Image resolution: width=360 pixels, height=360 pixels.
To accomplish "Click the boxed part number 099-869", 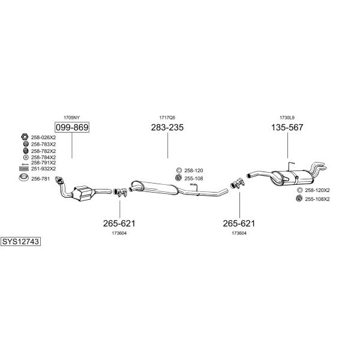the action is tap(72, 127).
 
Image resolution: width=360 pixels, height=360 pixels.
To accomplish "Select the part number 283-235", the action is tap(167, 127).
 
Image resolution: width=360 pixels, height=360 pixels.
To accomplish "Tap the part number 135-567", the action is tap(287, 127).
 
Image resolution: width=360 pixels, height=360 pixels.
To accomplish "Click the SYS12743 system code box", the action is tap(20, 242).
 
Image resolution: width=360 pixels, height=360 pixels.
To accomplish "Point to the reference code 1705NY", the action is tap(71, 118).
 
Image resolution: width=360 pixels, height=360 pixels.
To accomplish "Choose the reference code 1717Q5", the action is tap(167, 118).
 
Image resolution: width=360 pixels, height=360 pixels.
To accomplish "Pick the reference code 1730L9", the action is tap(287, 118).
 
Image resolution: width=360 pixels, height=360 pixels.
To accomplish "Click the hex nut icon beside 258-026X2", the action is tap(25, 137).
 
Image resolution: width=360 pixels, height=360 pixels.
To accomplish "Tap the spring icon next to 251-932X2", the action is tap(24, 169).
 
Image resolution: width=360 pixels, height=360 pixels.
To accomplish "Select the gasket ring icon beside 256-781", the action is tap(23, 178).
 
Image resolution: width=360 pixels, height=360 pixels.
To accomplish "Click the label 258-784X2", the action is tap(43, 157).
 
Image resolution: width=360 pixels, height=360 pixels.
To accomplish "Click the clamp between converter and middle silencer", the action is tap(120, 193).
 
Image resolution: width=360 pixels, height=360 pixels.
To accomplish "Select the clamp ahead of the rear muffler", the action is tap(238, 183).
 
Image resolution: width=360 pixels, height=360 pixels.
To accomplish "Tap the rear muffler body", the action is tap(292, 178).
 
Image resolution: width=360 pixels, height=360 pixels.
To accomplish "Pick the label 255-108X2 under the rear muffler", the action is tap(317, 199).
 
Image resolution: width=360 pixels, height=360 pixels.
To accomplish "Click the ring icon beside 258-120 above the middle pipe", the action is tap(179, 170).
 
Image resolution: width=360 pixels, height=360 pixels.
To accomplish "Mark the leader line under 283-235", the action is tap(167, 145).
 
